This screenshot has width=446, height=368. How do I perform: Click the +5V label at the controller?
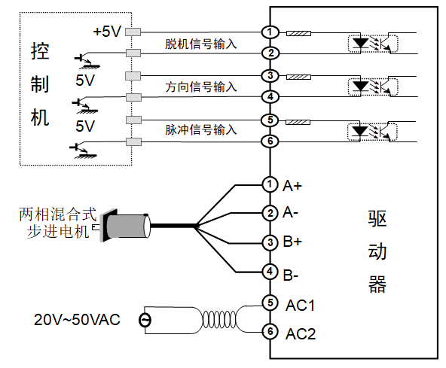tap(107, 32)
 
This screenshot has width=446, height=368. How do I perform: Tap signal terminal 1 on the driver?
tap(270, 32)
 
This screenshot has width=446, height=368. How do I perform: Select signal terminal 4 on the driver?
tap(270, 96)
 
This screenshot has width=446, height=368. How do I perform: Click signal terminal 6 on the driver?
tap(270, 141)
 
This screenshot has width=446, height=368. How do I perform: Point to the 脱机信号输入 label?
tap(201, 44)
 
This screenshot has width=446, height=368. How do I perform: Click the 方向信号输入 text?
tap(201, 87)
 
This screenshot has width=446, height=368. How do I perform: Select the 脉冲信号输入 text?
tap(201, 130)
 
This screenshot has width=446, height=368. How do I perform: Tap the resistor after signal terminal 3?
tap(298, 77)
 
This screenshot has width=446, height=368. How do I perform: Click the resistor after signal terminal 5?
tap(298, 122)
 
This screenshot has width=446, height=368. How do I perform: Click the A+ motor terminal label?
tap(292, 186)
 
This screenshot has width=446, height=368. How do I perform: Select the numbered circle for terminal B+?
tap(270, 242)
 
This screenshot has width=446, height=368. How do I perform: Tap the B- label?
tap(290, 275)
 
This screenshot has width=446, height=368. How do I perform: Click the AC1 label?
tap(301, 306)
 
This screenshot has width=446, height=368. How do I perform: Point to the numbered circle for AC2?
tap(270, 331)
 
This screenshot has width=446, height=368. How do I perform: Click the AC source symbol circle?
tap(145, 321)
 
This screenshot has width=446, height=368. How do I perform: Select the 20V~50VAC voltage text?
tap(77, 319)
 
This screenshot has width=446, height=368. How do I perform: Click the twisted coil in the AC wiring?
tap(219, 320)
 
